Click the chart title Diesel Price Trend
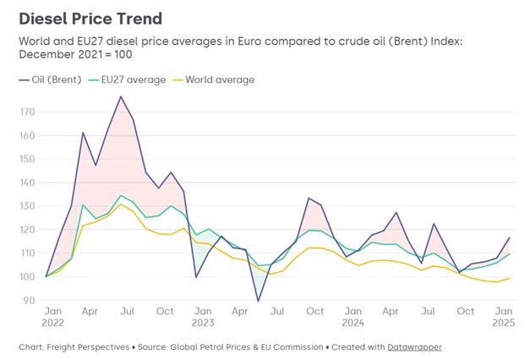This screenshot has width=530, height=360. click(x=90, y=18)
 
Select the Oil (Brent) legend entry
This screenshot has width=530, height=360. click(x=53, y=79)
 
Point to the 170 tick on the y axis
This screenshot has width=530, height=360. click(x=29, y=112)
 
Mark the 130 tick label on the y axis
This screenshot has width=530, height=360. click(x=29, y=206)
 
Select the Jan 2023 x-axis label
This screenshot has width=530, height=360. click(x=201, y=317)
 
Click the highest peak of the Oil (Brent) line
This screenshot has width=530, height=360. click(x=121, y=96)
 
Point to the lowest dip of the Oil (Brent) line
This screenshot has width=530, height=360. click(x=259, y=301)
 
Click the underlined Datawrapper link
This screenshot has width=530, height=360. click(x=414, y=346)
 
